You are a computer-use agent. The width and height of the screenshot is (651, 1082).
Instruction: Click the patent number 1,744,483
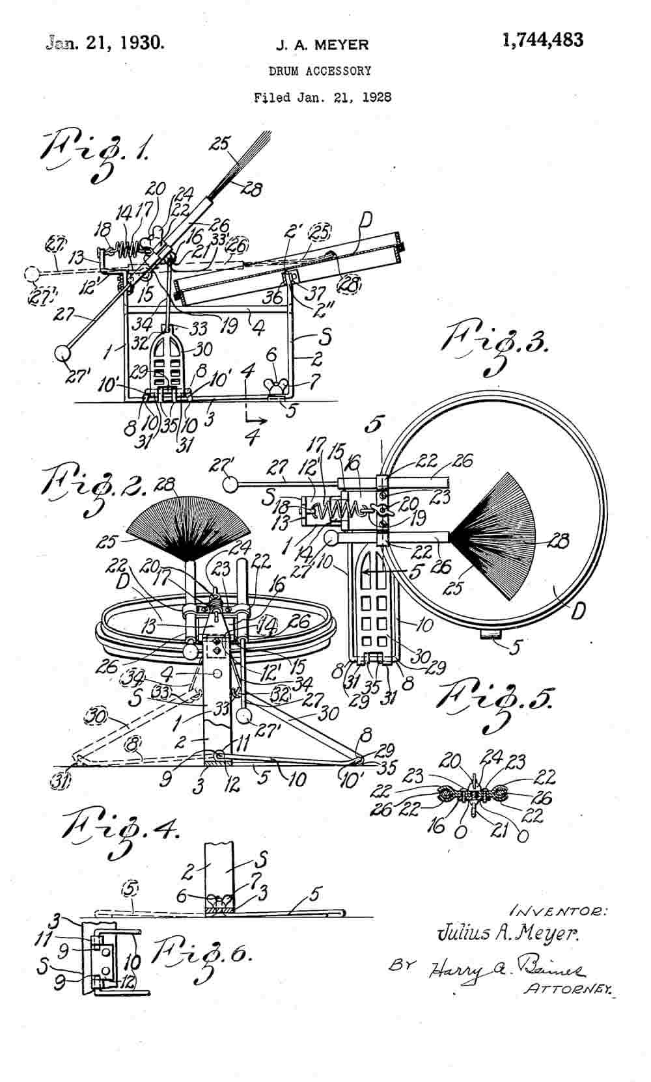(x=542, y=40)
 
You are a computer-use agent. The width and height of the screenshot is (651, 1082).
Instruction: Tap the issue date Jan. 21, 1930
(x=105, y=43)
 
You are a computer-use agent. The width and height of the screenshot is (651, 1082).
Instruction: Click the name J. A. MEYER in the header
(x=322, y=45)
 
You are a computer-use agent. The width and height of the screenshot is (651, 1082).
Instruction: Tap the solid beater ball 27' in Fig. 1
(x=63, y=355)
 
